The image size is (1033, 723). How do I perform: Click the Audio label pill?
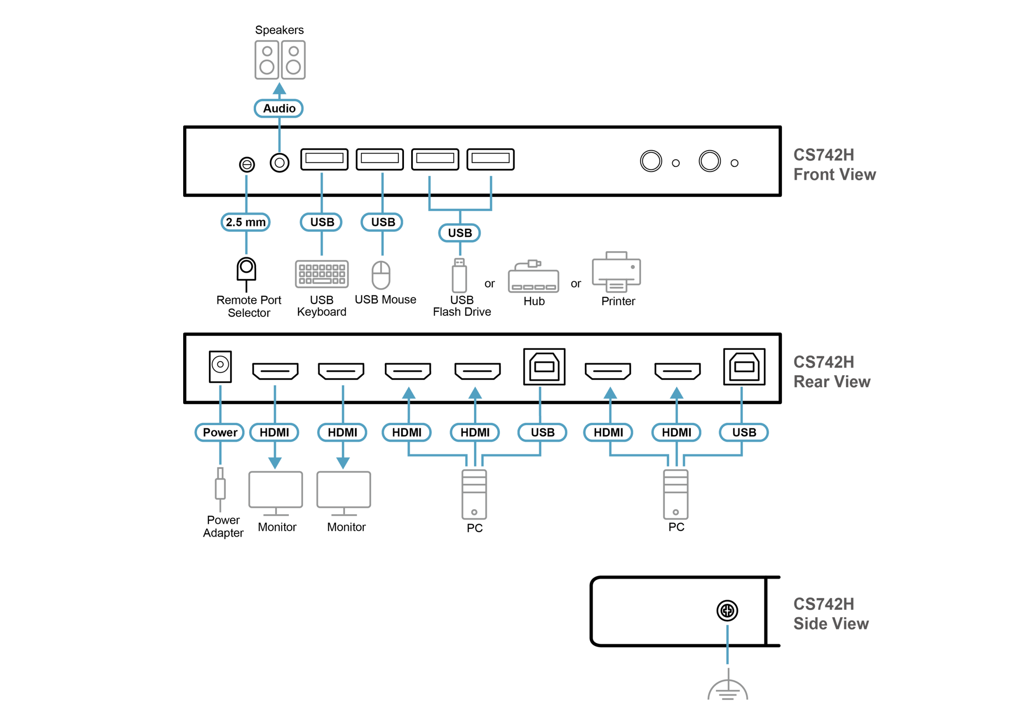click(278, 109)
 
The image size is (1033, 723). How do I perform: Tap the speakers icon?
click(280, 60)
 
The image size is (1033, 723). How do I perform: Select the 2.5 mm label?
click(246, 222)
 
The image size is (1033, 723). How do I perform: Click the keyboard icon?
click(322, 274)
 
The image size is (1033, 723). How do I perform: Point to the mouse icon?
click(381, 274)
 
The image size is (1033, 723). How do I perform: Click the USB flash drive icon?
click(459, 276)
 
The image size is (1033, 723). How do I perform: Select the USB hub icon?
click(533, 277)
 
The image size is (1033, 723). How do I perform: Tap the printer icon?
click(616, 272)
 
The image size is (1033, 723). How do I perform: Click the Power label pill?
click(220, 433)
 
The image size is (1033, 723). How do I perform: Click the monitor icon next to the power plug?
click(276, 493)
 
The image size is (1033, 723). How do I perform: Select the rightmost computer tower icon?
click(675, 495)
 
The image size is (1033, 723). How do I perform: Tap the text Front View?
click(834, 175)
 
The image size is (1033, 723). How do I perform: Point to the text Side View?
click(830, 624)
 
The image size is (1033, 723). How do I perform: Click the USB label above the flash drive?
click(459, 233)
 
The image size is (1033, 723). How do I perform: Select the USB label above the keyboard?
click(322, 222)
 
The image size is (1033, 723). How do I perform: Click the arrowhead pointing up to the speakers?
click(279, 88)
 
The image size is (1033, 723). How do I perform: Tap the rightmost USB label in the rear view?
click(744, 433)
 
